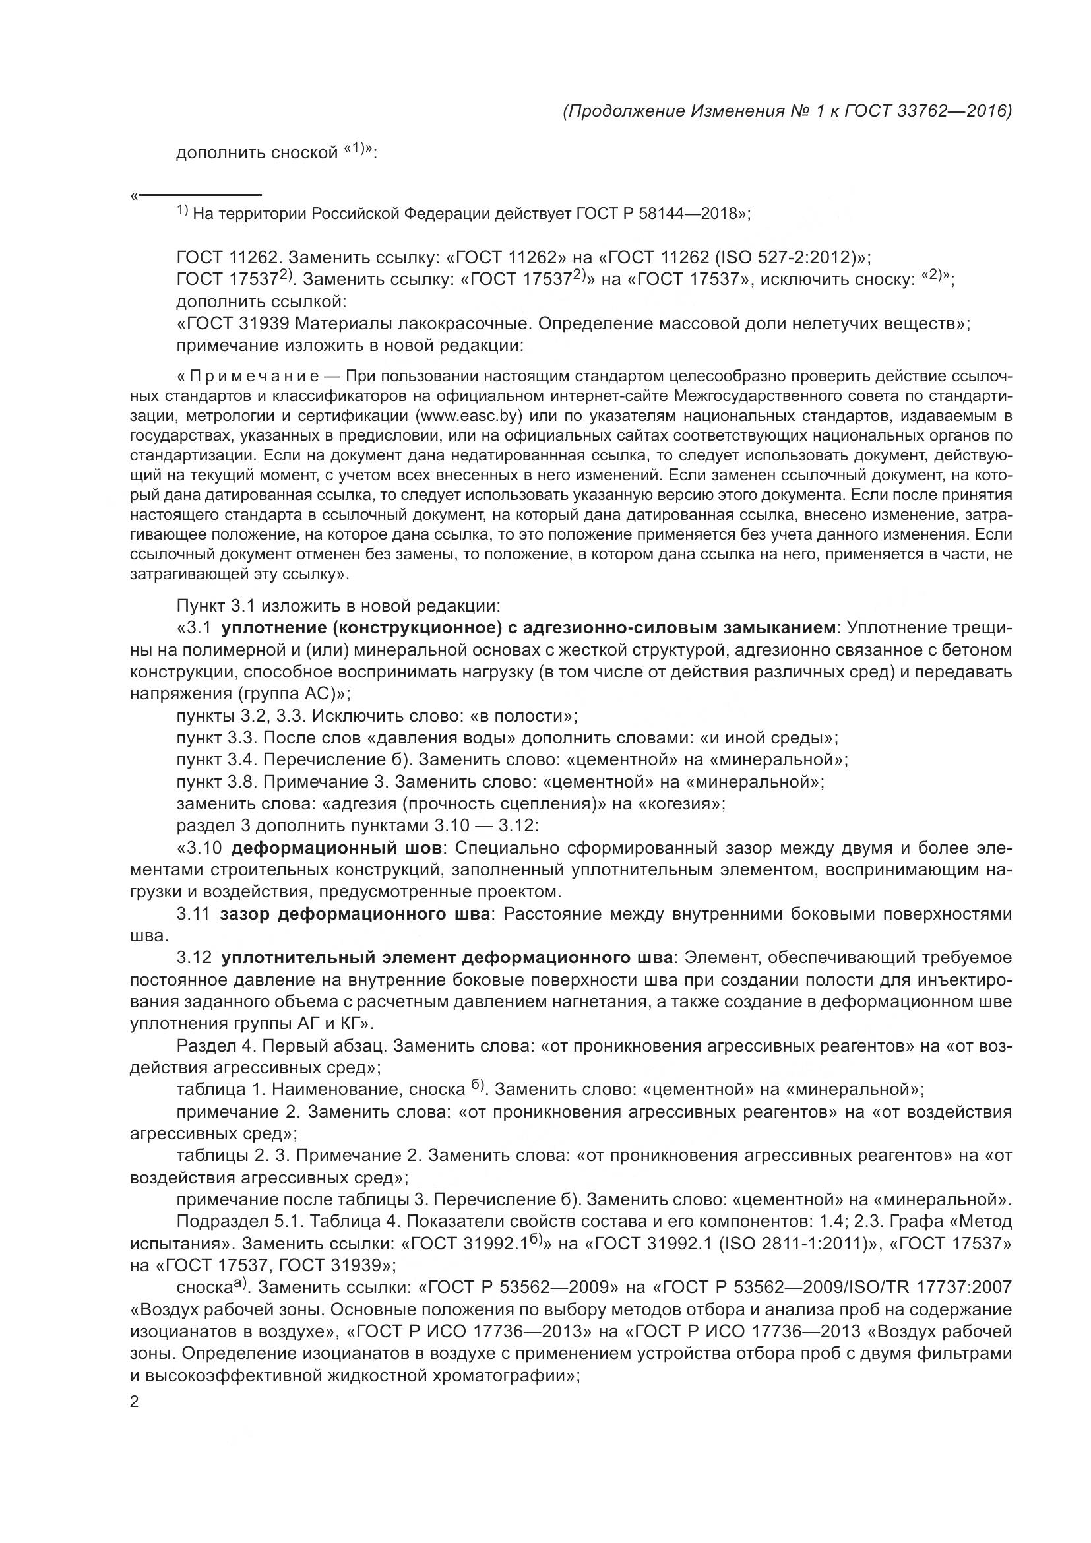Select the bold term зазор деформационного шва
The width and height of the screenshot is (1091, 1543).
[x=355, y=914]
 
